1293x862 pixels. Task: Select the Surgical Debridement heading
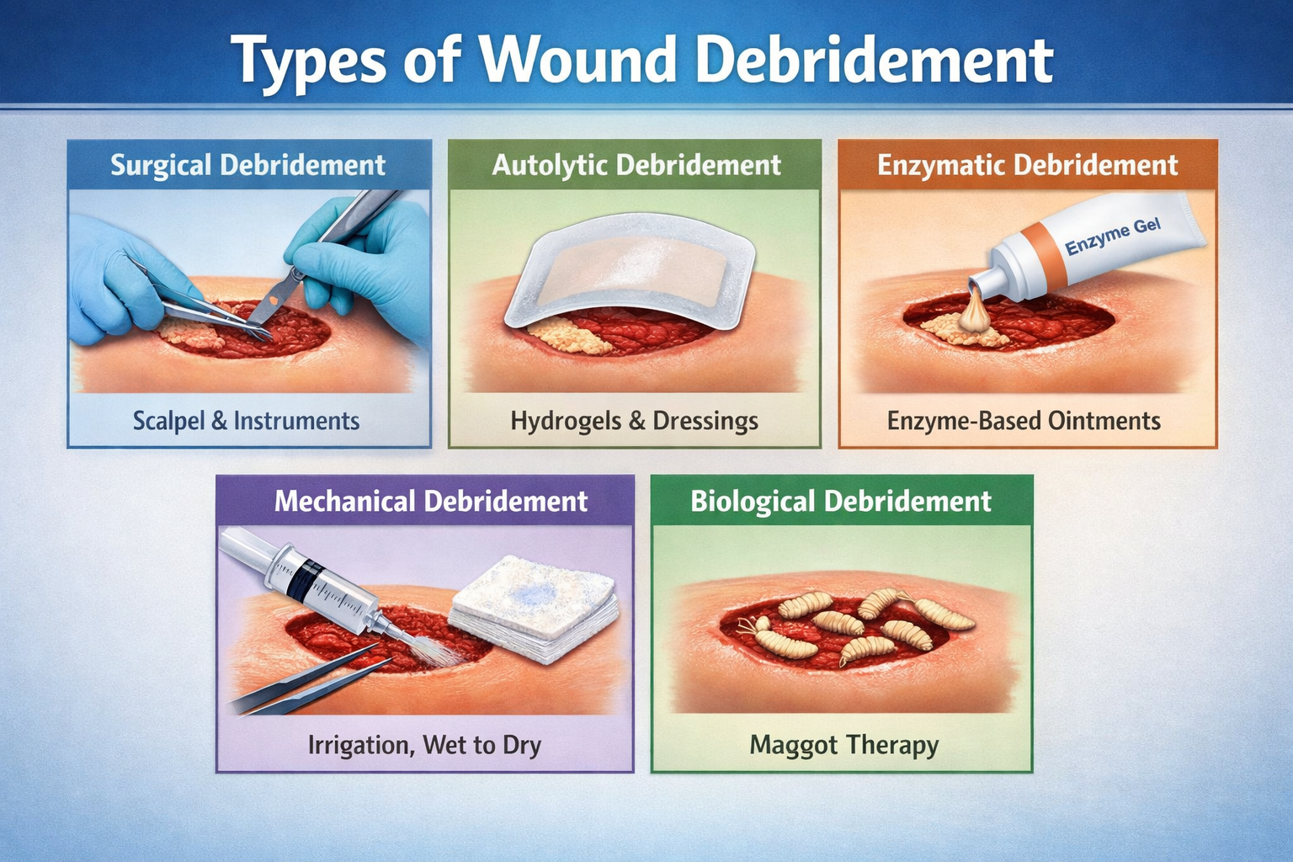click(x=248, y=165)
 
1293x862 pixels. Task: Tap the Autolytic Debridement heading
click(x=636, y=165)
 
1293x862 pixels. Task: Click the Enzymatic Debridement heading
click(x=1027, y=165)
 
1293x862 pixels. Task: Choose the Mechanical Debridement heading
click(x=430, y=501)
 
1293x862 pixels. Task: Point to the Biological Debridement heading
click(x=841, y=501)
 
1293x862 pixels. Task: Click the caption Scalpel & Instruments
click(x=246, y=421)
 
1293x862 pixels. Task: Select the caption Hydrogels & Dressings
click(x=634, y=421)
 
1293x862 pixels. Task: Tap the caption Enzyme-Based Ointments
click(x=1024, y=421)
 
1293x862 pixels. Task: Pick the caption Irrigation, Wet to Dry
click(x=424, y=745)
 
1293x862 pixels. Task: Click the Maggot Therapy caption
click(x=843, y=745)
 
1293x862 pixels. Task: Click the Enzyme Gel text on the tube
click(x=1112, y=237)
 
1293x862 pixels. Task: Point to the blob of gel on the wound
click(x=976, y=317)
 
